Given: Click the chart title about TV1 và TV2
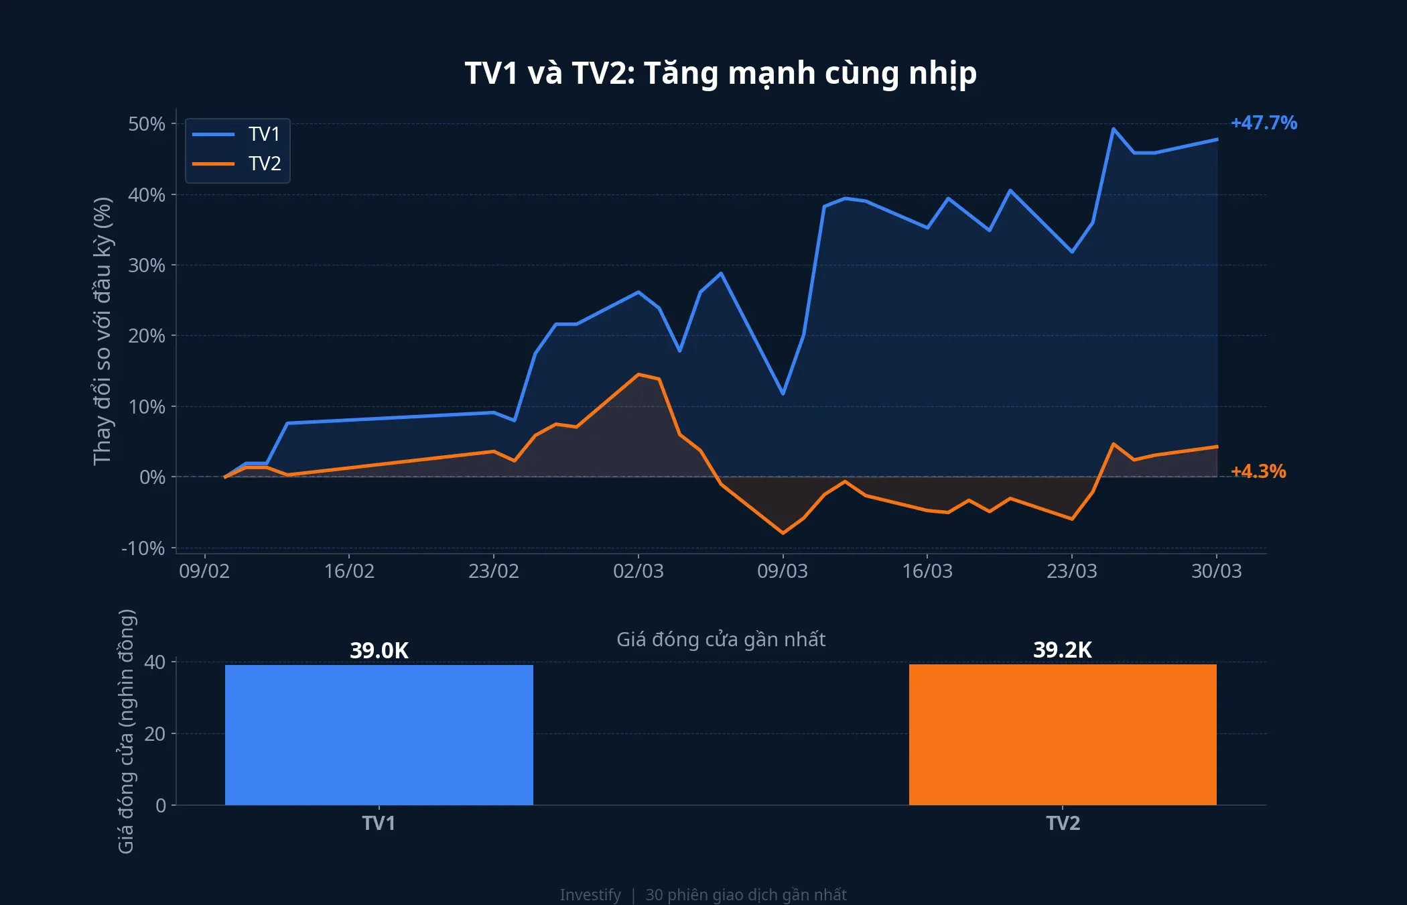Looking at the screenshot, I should [x=720, y=74].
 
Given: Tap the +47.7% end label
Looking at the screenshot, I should [x=1264, y=123].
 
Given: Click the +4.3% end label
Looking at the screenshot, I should [x=1258, y=471].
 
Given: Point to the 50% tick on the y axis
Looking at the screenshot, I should [x=147, y=124].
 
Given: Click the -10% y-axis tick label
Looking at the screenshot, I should [x=143, y=548].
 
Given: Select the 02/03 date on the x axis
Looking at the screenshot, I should [x=638, y=571].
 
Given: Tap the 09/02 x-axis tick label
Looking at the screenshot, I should [x=204, y=571].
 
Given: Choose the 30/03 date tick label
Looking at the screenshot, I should [x=1216, y=571].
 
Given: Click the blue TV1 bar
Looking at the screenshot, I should [x=379, y=735].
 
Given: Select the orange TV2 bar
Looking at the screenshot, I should [x=1063, y=735].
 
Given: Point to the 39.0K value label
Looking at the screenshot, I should [x=379, y=650].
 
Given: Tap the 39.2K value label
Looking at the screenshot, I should [x=1063, y=650].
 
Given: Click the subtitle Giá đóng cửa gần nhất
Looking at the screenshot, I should [x=720, y=640].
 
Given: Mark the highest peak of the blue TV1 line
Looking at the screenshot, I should [x=1113, y=129].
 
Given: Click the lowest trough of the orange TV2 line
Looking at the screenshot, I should [x=783, y=533].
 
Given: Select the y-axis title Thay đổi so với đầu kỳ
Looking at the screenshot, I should [x=102, y=331].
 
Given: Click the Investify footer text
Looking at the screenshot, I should [x=590, y=895].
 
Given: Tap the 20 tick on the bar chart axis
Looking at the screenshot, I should [x=155, y=734].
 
